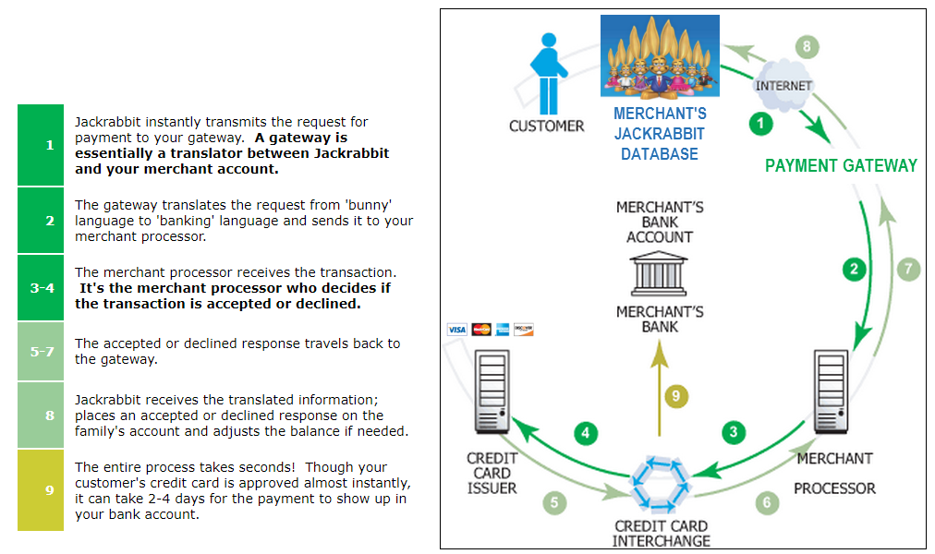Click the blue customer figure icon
click(547, 73)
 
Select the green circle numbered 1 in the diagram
click(760, 123)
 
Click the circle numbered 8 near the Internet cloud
click(807, 46)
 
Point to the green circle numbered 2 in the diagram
click(855, 270)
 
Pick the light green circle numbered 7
click(909, 270)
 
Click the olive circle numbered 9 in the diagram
click(676, 396)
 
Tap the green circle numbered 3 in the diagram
click(734, 431)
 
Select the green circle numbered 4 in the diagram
click(586, 431)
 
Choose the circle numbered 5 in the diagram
click(554, 502)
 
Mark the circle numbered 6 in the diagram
click(766, 502)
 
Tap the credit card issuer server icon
click(492, 391)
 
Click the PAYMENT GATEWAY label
click(841, 166)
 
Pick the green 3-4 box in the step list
click(41, 287)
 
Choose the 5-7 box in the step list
click(41, 352)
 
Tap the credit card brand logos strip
click(490, 330)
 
